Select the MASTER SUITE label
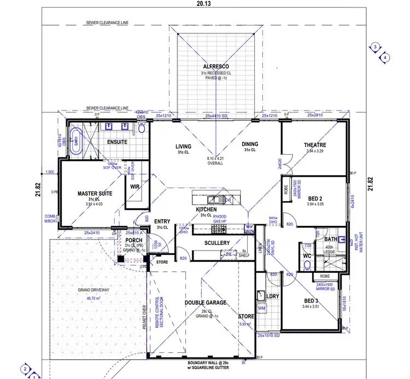[80, 193]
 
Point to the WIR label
[135, 186]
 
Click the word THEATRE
[315, 145]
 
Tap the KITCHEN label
[207, 209]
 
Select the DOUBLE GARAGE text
[205, 302]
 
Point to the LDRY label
[272, 296]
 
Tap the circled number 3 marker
[375, 47]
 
